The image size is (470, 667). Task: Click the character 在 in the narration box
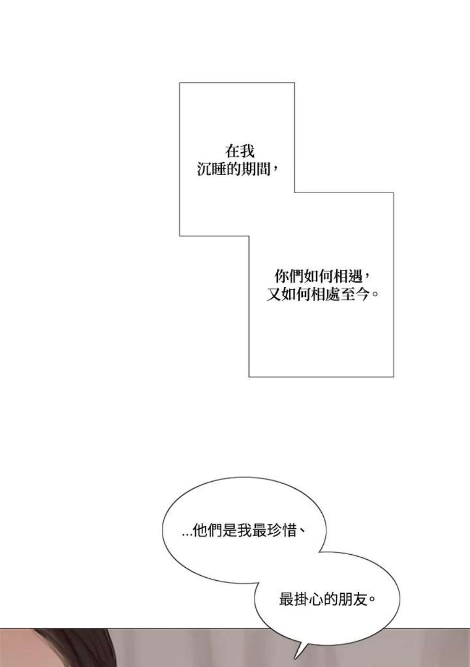pos(232,151)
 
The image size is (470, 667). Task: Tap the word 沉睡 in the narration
pos(211,169)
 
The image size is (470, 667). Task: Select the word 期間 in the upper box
pos(255,169)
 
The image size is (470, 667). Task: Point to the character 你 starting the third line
pos(281,277)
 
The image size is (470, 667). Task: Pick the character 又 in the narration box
pos(274,295)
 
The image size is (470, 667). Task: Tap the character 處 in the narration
pos(333,295)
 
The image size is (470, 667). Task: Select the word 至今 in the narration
pos(355,295)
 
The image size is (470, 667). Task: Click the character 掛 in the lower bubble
pos(301,599)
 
